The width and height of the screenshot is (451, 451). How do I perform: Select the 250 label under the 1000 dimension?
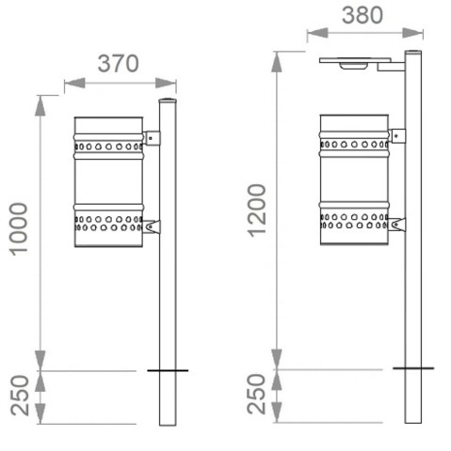click(18, 397)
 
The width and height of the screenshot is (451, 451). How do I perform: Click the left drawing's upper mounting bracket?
click(151, 138)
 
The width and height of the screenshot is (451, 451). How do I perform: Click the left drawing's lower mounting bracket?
click(151, 226)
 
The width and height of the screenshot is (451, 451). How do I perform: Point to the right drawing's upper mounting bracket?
click(396, 135)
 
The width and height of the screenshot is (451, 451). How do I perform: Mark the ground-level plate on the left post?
click(168, 371)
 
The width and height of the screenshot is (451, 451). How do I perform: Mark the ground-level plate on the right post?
click(412, 368)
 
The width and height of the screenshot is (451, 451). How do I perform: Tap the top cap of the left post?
click(168, 100)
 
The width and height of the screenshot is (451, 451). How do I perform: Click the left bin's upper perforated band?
click(108, 148)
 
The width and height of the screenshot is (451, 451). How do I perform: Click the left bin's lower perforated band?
click(108, 223)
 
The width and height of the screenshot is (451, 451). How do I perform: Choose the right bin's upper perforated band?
click(354, 145)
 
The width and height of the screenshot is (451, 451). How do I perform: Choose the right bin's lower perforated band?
click(354, 220)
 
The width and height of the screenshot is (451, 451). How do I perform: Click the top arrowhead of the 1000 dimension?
click(40, 104)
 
